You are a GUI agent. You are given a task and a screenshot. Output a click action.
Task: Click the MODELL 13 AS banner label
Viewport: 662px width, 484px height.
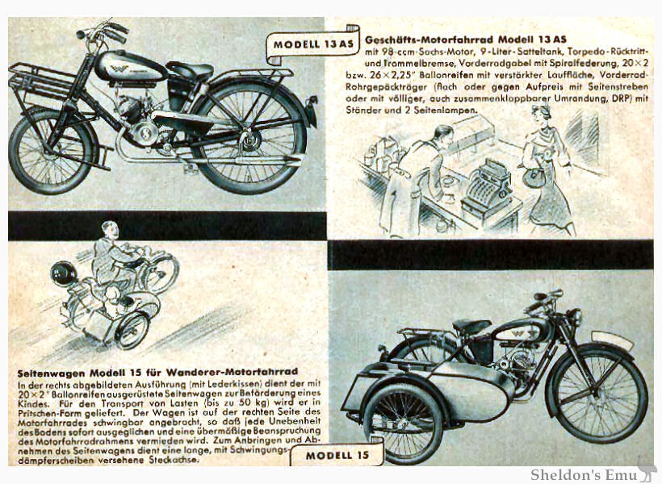(x=313, y=44)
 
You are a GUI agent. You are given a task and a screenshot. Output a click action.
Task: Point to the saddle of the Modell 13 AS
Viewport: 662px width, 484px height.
(x=189, y=70)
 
